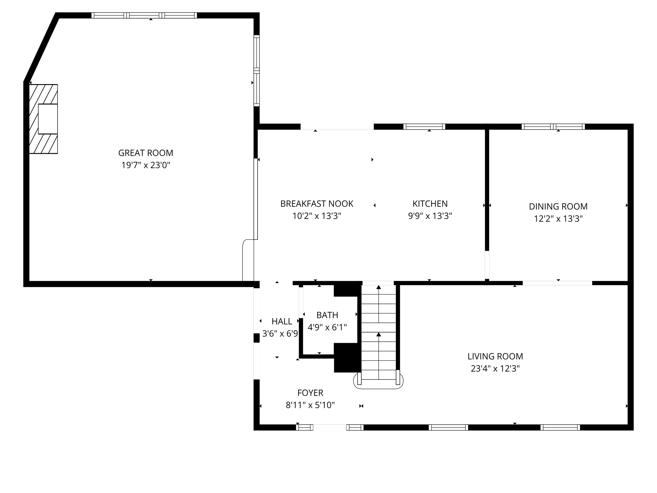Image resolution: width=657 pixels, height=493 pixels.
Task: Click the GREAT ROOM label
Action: (146, 153)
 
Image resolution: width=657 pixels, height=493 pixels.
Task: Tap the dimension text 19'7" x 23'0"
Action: (146, 165)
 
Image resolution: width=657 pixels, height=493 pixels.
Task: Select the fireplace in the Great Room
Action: (44, 119)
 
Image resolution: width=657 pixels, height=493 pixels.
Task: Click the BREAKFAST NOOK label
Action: (317, 204)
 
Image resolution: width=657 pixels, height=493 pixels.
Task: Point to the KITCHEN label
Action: (430, 204)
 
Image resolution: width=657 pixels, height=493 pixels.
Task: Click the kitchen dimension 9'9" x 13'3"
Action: (430, 216)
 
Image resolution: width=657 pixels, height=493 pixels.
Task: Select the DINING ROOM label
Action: (558, 206)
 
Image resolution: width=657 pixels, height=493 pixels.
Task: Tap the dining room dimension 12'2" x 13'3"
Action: (558, 219)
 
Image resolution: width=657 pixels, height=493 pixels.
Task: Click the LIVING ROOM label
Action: (495, 356)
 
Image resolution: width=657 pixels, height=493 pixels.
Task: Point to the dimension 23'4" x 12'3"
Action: (495, 368)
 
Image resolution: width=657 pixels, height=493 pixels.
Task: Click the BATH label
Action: (327, 315)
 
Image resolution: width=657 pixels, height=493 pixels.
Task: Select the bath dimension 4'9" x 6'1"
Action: (327, 327)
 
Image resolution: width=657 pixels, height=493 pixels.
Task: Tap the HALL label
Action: (282, 321)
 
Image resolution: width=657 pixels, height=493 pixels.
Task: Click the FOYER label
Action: (310, 393)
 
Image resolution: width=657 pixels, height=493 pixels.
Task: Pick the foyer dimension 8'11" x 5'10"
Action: (310, 405)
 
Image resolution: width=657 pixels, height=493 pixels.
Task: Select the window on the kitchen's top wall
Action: (424, 126)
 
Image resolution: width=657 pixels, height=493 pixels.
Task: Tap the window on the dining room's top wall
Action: (553, 126)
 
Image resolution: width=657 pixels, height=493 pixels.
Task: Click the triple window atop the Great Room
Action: (144, 15)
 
